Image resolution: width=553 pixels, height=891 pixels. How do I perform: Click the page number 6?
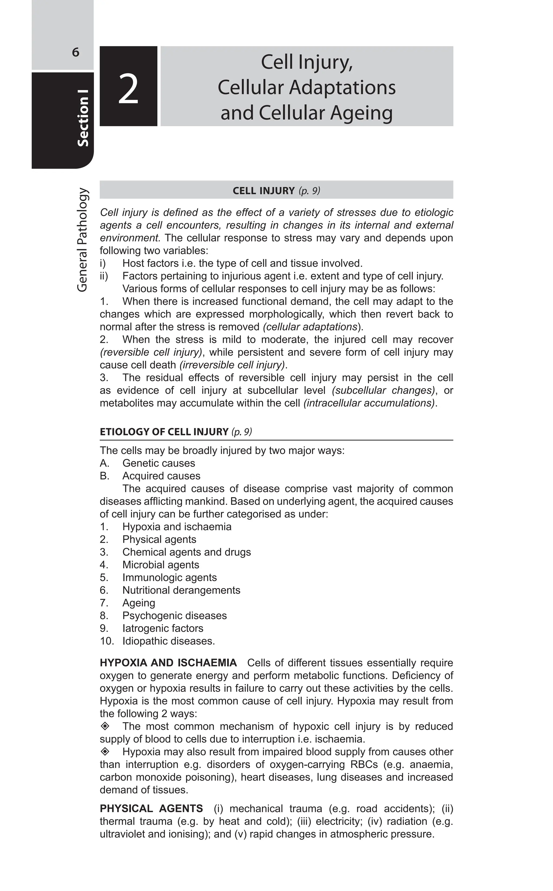tap(75, 52)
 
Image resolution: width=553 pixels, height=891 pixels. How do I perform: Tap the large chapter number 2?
tap(128, 89)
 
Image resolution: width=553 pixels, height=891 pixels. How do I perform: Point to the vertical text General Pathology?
tap(82, 240)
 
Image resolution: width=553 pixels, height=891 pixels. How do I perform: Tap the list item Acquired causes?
tap(161, 476)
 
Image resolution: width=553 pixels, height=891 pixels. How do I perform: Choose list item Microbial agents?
tap(161, 565)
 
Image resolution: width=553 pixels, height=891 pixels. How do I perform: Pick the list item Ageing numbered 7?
tap(139, 603)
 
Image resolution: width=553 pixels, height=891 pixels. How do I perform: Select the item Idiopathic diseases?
tap(168, 641)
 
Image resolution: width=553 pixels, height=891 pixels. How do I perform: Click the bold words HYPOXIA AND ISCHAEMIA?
tap(168, 663)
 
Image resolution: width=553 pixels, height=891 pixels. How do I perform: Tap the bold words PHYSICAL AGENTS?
tap(151, 809)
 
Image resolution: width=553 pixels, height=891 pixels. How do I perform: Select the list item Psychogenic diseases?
tap(174, 616)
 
